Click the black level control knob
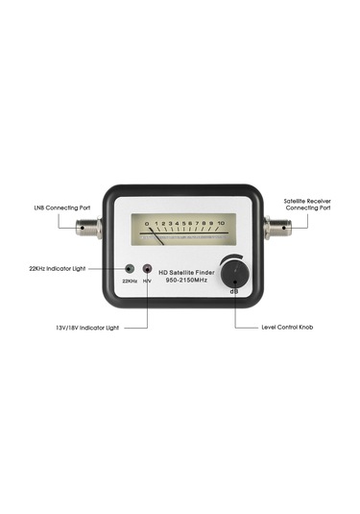click(230, 275)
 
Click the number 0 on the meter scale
click(147, 223)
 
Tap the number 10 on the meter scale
click(222, 223)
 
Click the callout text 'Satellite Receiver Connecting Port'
click(307, 205)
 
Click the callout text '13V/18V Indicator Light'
click(85, 328)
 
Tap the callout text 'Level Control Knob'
click(287, 328)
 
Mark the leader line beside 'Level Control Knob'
click(245, 327)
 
